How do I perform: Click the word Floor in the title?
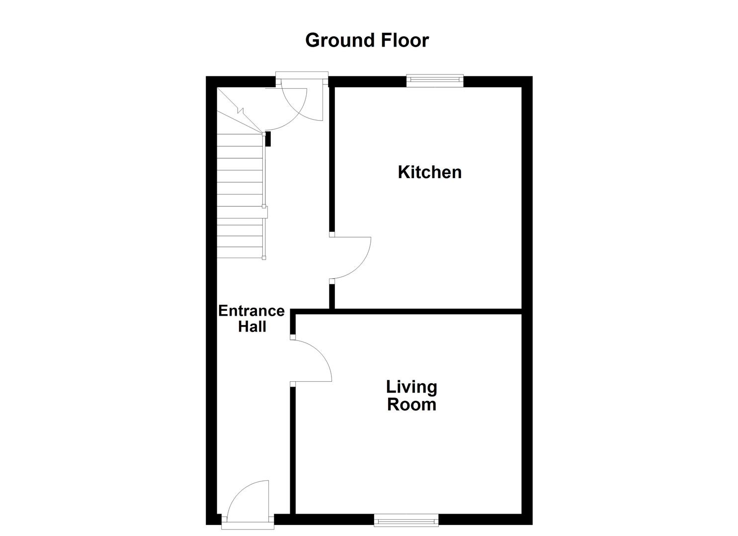point(405,40)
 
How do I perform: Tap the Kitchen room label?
point(429,172)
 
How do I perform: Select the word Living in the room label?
point(411,387)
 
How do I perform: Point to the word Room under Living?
point(411,404)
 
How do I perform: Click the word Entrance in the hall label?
point(251,311)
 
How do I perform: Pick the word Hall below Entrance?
point(252,327)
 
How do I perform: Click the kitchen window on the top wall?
point(435,80)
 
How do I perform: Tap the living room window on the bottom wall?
point(406,520)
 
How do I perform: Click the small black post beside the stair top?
point(268,139)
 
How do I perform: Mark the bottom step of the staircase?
point(240,253)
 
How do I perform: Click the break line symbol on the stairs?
point(239,111)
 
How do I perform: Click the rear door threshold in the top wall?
point(302,75)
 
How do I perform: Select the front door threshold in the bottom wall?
point(247,520)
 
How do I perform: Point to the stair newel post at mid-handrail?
point(264,212)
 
